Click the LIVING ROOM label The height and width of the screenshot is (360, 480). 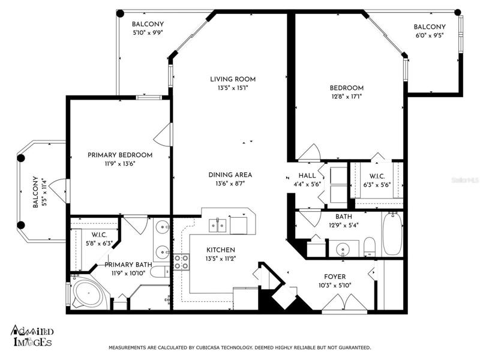(x=233, y=79)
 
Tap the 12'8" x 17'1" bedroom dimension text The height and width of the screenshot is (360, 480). (x=346, y=97)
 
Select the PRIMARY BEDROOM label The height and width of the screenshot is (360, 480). (x=120, y=155)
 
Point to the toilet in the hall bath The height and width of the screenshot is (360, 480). (x=370, y=247)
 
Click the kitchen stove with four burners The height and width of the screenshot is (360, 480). (x=181, y=262)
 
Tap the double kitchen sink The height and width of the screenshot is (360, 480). (x=217, y=226)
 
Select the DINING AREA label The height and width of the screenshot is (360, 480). (x=230, y=175)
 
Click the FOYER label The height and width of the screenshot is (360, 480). (x=335, y=277)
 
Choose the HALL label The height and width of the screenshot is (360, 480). (x=307, y=175)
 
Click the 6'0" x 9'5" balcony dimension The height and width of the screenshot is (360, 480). (x=430, y=35)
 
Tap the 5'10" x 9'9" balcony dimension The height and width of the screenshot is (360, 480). (x=148, y=33)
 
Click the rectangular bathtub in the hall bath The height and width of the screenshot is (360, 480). (x=392, y=233)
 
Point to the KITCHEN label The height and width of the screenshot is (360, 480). (x=221, y=250)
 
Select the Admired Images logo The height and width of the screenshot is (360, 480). (x=32, y=335)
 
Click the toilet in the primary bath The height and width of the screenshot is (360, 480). (x=161, y=272)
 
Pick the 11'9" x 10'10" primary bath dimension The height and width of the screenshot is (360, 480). (x=128, y=273)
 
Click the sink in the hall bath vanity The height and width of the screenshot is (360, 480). (x=343, y=248)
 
